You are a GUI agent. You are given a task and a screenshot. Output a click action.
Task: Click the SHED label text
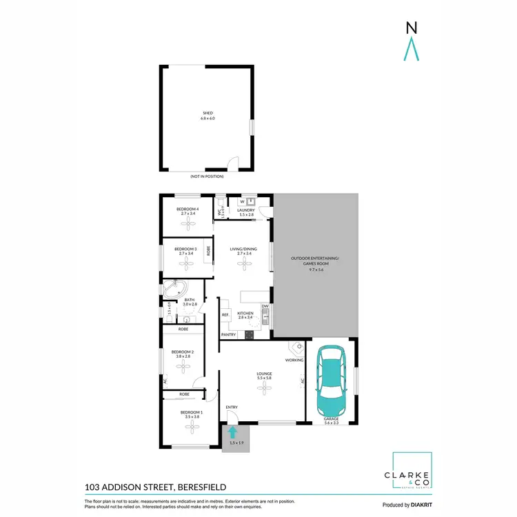[207, 113]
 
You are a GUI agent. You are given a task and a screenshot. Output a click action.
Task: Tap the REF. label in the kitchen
[225, 315]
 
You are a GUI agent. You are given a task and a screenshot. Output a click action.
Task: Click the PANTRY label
[228, 335]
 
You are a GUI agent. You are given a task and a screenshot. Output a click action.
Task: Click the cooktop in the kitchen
[249, 335]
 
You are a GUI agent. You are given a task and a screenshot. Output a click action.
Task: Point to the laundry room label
[246, 212]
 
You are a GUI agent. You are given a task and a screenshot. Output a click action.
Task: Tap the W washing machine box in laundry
[242, 202]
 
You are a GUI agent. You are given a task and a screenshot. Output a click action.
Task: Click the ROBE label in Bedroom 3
[208, 252]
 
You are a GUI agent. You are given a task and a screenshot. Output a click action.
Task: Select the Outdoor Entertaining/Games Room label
[316, 263]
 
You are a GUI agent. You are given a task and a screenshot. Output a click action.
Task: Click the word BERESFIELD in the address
[205, 487]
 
